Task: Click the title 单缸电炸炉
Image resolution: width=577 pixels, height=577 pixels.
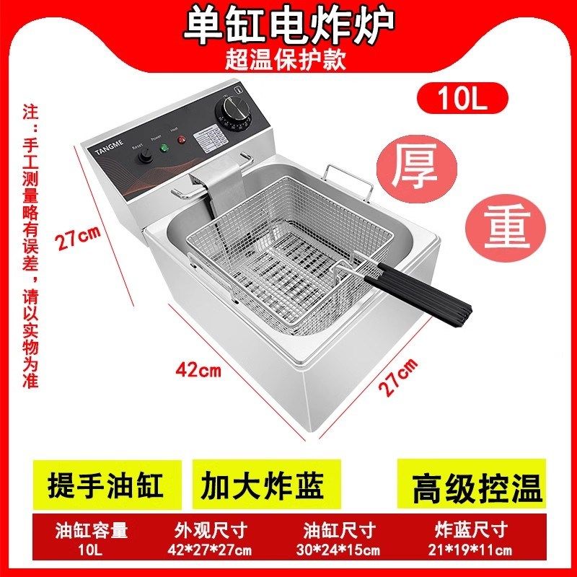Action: point(288,25)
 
